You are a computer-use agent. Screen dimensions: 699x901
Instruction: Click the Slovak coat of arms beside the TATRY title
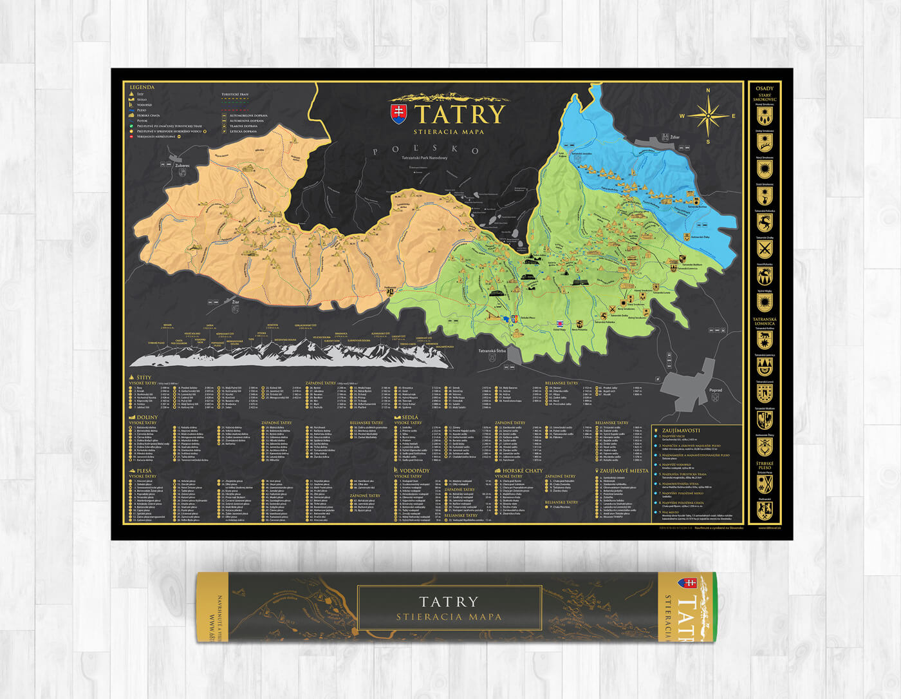(400, 114)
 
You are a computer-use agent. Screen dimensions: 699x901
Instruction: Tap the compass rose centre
(707, 116)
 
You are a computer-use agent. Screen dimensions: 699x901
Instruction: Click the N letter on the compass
(708, 91)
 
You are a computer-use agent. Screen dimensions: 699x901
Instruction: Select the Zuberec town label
(182, 166)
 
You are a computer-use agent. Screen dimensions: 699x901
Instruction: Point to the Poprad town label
(714, 390)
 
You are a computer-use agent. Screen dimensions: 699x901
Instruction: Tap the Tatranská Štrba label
(492, 351)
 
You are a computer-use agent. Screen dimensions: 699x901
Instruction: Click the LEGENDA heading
(142, 87)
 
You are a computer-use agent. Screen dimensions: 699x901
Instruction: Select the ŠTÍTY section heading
(144, 378)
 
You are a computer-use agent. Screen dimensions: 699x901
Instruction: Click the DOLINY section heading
(147, 417)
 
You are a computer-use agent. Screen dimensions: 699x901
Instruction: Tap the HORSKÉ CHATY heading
(523, 470)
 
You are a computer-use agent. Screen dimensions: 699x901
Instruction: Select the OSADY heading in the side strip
(765, 88)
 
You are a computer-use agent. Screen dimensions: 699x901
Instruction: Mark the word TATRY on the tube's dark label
(449, 602)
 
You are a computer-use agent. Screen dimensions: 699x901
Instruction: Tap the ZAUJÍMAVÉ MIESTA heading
(624, 470)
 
